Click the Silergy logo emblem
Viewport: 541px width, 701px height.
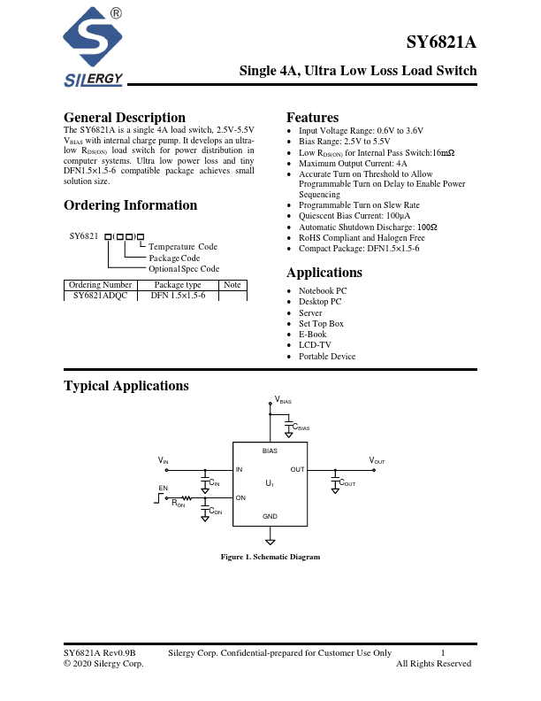point(95,40)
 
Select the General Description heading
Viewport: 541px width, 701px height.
point(125,118)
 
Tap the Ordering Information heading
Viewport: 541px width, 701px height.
point(130,205)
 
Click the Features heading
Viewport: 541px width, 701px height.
point(312,118)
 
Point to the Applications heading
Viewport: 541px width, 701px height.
point(324,273)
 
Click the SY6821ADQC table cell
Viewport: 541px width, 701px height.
point(100,296)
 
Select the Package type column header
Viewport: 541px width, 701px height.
point(178,285)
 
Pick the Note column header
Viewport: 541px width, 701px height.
point(232,285)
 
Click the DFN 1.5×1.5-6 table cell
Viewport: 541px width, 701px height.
point(178,296)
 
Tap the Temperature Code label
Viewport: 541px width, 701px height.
point(183,247)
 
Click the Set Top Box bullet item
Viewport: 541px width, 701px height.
point(321,324)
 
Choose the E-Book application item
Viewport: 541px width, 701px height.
point(312,335)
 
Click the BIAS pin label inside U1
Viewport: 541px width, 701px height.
point(270,451)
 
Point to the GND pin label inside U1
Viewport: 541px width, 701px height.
point(270,516)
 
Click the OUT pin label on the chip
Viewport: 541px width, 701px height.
point(297,469)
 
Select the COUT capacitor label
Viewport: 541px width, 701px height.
point(347,483)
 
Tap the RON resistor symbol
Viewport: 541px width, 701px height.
point(187,498)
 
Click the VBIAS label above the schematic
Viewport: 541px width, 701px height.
point(284,401)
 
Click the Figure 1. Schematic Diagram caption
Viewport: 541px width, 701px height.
point(270,557)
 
